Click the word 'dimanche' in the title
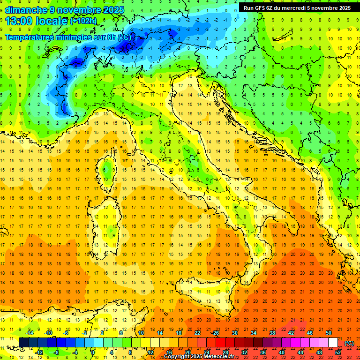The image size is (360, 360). [23, 10]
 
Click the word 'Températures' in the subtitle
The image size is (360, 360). [29, 37]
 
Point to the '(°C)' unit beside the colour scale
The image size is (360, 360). [349, 343]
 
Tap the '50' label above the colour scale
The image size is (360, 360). [328, 333]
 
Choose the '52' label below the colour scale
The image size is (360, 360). [338, 352]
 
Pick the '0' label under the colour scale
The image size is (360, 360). [93, 352]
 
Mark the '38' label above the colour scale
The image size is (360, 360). [272, 333]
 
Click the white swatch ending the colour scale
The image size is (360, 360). [333, 343]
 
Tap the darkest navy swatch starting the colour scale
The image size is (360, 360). [23, 343]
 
